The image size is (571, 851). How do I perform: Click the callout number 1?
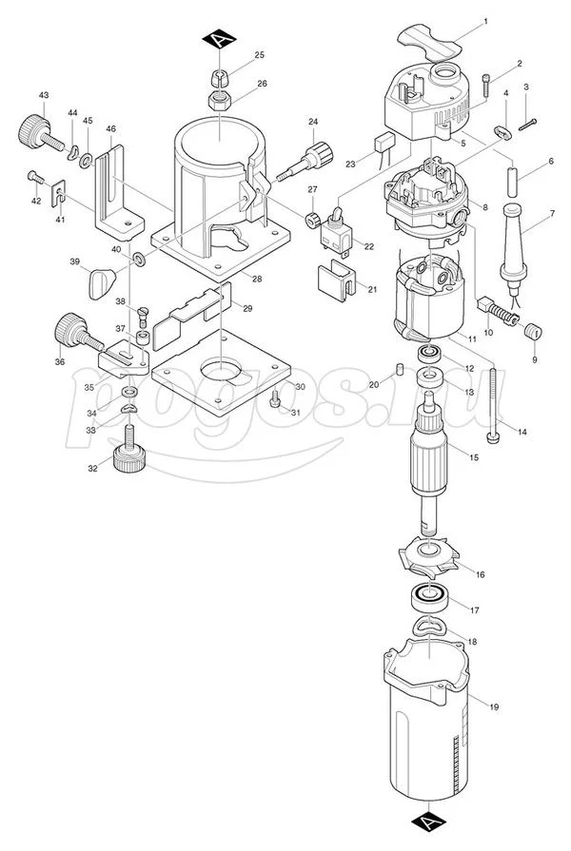coord(485,21)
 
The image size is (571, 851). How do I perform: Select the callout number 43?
coord(43,96)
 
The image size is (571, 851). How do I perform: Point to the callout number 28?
coord(256,278)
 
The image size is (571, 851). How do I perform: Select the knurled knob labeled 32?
coord(128,458)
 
